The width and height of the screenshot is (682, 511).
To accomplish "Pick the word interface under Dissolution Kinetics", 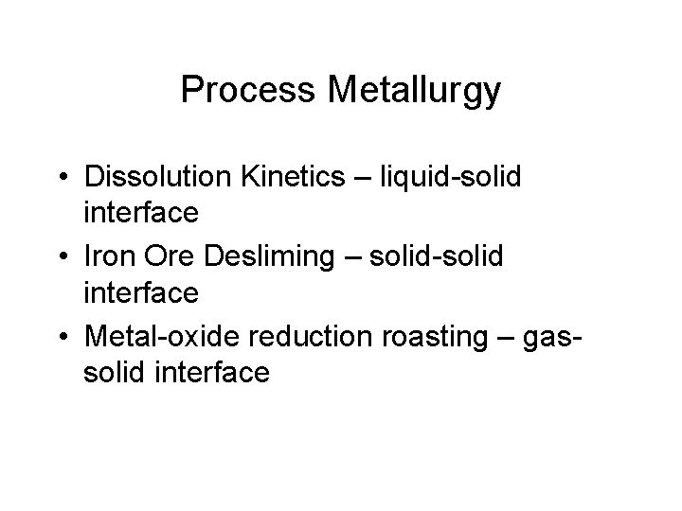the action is pos(140,213).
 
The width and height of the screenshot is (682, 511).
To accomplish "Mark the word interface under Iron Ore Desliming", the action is pos(140,293).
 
